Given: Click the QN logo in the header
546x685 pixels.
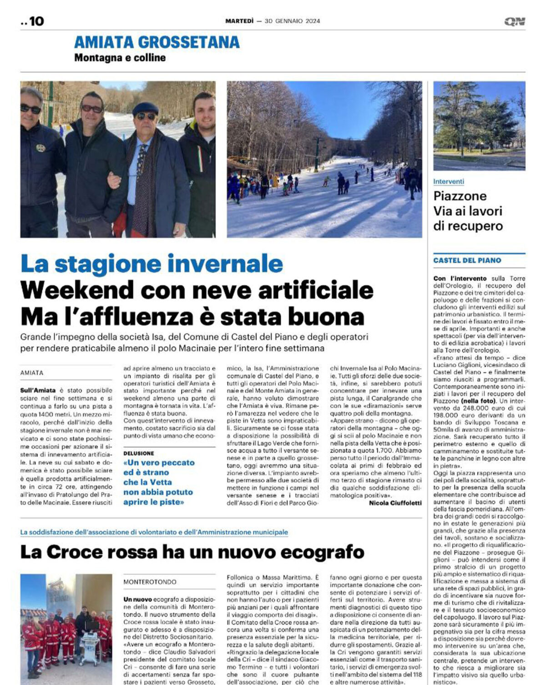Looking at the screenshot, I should click(515, 21).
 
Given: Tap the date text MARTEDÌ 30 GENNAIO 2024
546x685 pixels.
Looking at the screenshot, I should click(273, 21).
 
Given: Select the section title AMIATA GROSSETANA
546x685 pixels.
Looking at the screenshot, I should click(157, 42).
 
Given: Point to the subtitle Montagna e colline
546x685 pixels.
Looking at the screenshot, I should click(120, 58).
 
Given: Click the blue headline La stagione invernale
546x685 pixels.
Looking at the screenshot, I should click(152, 264).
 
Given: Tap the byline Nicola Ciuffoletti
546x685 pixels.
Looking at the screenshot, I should click(395, 503).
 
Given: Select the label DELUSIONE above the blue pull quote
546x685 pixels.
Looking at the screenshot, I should click(139, 453).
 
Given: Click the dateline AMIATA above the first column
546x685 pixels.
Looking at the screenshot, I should click(32, 373).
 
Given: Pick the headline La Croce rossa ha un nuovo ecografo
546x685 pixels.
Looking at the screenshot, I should click(192, 552).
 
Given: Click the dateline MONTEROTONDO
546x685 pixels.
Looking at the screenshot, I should click(150, 582).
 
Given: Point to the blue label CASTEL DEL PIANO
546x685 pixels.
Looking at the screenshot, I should click(467, 260).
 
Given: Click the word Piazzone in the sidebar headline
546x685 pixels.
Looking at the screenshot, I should click(460, 196).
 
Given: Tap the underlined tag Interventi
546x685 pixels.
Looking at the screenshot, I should click(448, 182).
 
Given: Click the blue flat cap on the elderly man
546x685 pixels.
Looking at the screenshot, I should click(145, 108).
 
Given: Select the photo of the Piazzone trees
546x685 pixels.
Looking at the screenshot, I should click(479, 125).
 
